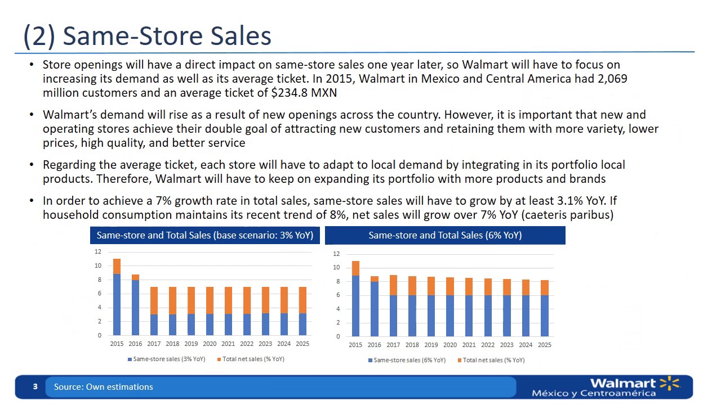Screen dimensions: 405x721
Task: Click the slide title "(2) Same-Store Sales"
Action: pyautogui.click(x=147, y=36)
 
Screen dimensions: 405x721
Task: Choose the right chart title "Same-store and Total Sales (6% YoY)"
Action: pyautogui.click(x=445, y=235)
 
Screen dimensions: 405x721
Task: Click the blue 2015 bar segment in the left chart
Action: pyautogui.click(x=117, y=304)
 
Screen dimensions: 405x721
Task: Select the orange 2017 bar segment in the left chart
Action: pyautogui.click(x=154, y=300)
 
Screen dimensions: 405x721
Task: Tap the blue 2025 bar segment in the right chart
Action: pyautogui.click(x=545, y=316)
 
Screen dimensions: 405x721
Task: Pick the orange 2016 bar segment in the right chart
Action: pyautogui.click(x=375, y=279)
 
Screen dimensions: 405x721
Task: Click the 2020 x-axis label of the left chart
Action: pyautogui.click(x=210, y=343)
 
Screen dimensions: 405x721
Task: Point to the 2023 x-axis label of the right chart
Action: pyautogui.click(x=507, y=345)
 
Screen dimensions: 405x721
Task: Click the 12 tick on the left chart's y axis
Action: pyautogui.click(x=97, y=252)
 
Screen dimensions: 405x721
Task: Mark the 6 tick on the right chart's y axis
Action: pyautogui.click(x=336, y=295)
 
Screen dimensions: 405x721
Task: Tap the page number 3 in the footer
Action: pyautogui.click(x=35, y=387)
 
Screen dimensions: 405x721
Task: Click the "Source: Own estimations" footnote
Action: pyautogui.click(x=104, y=387)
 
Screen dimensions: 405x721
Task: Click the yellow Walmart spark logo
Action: pyautogui.click(x=669, y=384)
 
